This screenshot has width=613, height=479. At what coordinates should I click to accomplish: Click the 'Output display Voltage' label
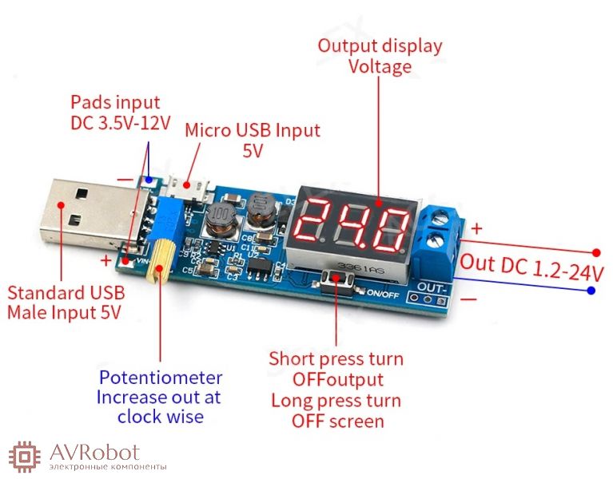coord(380,55)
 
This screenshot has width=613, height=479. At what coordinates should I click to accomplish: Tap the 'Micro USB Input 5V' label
coord(253,140)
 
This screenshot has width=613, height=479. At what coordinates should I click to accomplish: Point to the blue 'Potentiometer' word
coord(160,377)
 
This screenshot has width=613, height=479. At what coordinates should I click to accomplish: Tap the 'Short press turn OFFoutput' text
coord(336,369)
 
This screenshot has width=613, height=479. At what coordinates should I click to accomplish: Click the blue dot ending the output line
coord(591,291)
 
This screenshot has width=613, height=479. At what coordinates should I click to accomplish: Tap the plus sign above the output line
coord(477,229)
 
